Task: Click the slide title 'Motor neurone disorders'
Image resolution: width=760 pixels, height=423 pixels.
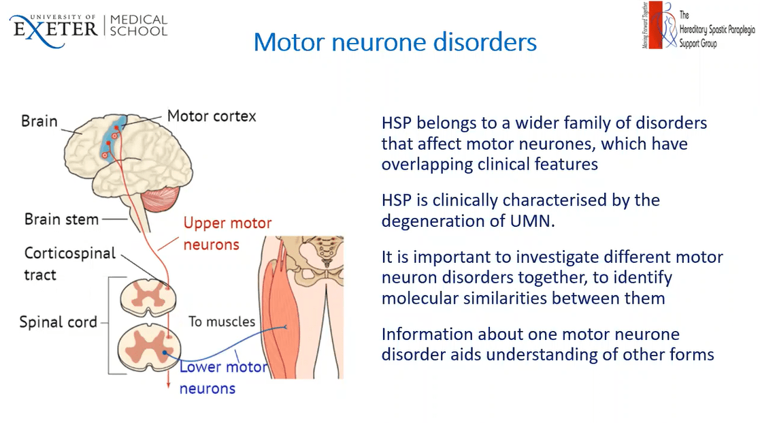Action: coord(395,42)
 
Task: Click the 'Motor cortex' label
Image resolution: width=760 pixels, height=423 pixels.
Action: coord(212,116)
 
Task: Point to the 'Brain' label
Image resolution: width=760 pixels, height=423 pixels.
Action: coord(39,121)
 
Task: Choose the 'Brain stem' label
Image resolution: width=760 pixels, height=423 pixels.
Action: coord(61,219)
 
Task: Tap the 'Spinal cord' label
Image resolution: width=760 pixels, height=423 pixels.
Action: coord(59,322)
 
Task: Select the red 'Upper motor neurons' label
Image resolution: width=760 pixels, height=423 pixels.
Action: coord(227,233)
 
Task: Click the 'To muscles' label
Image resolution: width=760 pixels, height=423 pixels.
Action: coord(222,322)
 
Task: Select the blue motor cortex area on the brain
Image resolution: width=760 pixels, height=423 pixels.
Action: coord(112,140)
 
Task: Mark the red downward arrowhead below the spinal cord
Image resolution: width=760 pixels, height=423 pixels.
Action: coord(168,387)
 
